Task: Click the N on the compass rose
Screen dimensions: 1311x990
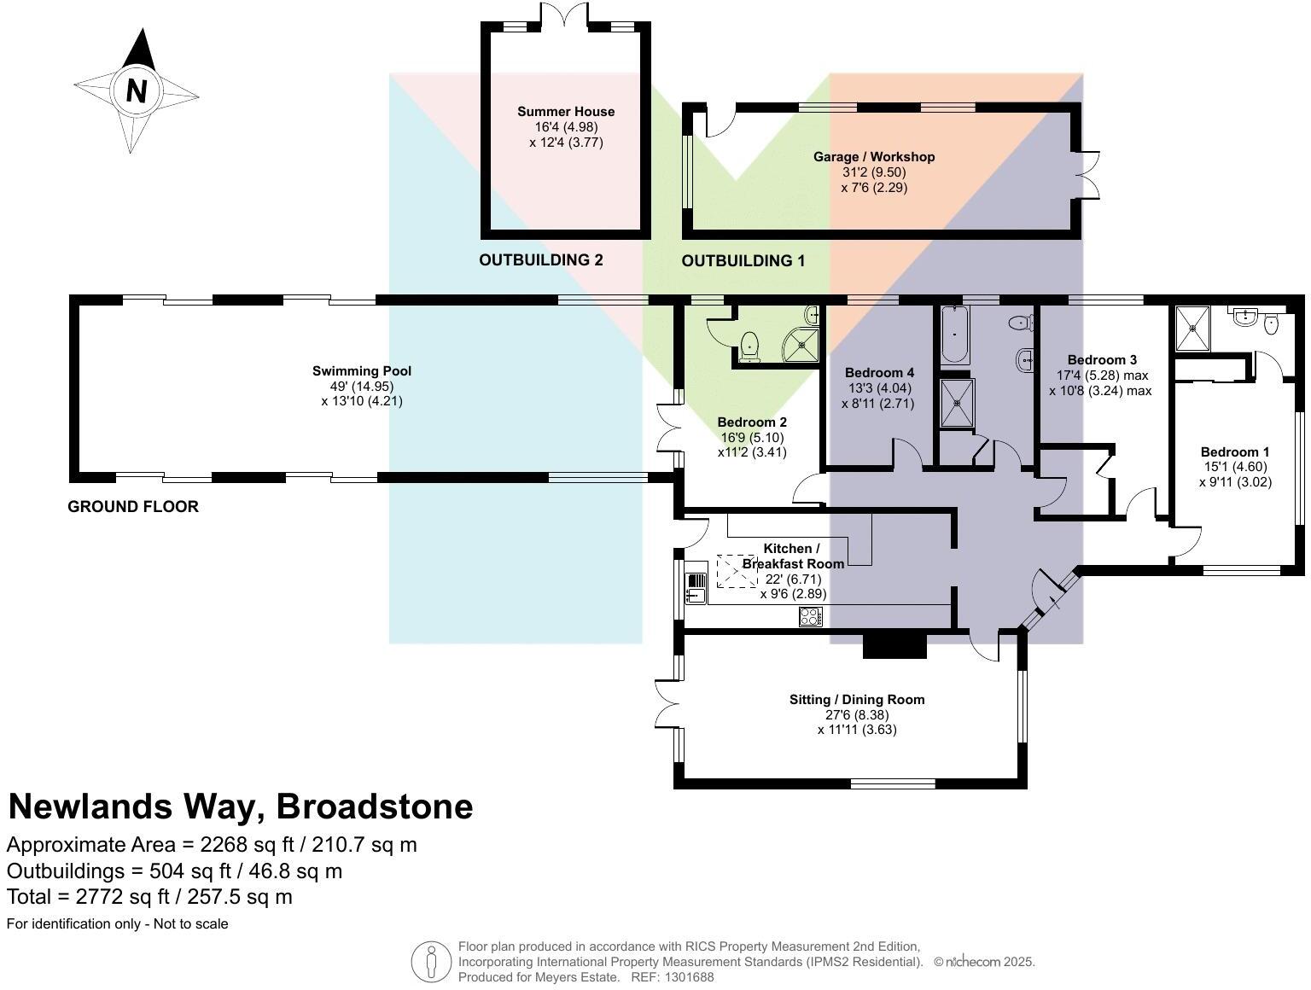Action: pyautogui.click(x=137, y=91)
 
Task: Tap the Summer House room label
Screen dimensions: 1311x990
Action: pyautogui.click(x=565, y=112)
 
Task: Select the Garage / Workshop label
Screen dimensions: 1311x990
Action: pyautogui.click(x=873, y=157)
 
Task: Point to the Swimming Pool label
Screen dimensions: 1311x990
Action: pyautogui.click(x=361, y=370)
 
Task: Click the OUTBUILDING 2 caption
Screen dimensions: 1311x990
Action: pyautogui.click(x=540, y=259)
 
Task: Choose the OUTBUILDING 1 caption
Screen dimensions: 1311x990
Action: pyautogui.click(x=743, y=261)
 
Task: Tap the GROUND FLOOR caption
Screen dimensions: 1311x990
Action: pyautogui.click(x=132, y=506)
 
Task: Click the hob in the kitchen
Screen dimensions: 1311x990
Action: pyautogui.click(x=810, y=615)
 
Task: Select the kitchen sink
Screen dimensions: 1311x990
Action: pyautogui.click(x=696, y=587)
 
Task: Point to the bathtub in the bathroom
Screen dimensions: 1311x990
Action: pyautogui.click(x=954, y=335)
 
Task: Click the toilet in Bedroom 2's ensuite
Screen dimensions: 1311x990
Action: pyautogui.click(x=749, y=346)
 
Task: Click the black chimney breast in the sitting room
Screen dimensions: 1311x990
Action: pyautogui.click(x=894, y=645)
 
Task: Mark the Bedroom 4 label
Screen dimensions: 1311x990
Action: pyautogui.click(x=879, y=373)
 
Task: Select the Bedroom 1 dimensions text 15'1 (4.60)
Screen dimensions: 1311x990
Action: pyautogui.click(x=1234, y=467)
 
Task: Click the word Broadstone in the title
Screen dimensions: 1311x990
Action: pyautogui.click(x=375, y=807)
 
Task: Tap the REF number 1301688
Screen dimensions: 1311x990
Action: pyautogui.click(x=690, y=977)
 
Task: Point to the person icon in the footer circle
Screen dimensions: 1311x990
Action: pyautogui.click(x=431, y=962)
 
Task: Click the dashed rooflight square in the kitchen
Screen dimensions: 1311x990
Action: pyautogui.click(x=737, y=572)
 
